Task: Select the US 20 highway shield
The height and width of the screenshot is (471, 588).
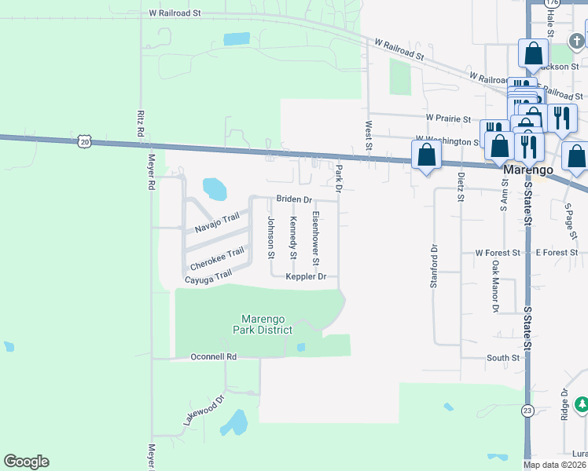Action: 85,141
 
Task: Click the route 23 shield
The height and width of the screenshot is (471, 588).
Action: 527,409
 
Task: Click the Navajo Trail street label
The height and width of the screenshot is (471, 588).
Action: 217,223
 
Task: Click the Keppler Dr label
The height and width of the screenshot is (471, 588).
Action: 306,276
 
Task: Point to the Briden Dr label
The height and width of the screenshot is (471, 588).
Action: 294,199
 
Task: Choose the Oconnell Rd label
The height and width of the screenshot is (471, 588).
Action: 213,356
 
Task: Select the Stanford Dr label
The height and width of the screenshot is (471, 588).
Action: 433,266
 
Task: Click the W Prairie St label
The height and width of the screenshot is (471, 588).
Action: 447,119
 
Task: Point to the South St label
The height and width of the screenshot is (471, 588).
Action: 503,358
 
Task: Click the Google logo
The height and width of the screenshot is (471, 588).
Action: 26,462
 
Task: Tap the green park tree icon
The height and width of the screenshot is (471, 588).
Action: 581,405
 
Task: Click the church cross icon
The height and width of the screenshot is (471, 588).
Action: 576,39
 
